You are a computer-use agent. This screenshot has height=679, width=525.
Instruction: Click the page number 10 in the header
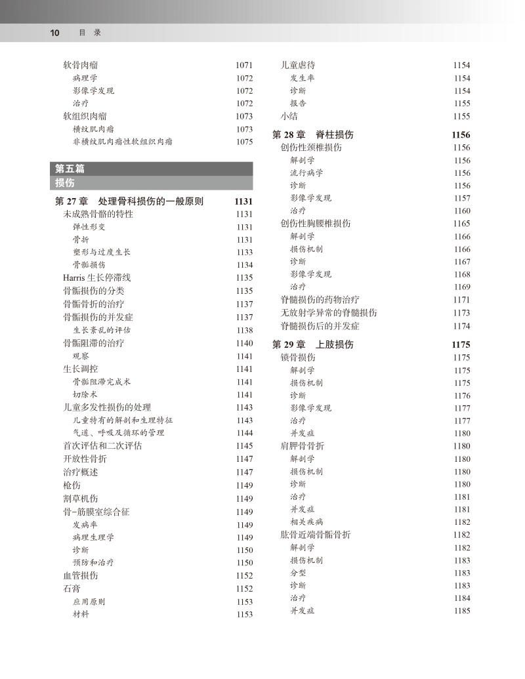[55, 32]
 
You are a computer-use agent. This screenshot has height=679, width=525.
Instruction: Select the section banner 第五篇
[70, 169]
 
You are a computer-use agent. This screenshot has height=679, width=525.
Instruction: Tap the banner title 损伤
[65, 182]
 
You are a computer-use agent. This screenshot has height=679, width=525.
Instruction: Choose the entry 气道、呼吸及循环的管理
[118, 433]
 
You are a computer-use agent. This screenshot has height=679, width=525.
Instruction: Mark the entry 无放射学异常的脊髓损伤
[328, 313]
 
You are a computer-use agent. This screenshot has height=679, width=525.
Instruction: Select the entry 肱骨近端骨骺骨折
[315, 535]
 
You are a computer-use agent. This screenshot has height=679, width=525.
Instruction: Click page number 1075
[244, 142]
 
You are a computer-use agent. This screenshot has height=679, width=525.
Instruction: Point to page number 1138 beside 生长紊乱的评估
[244, 331]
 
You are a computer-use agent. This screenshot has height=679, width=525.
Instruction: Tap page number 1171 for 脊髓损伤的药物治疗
[461, 300]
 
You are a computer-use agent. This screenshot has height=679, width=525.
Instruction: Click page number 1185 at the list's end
[461, 611]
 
